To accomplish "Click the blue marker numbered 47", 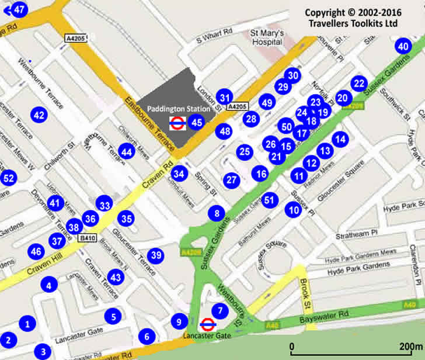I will pos(19,9).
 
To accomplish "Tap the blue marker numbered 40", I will pos(403,47).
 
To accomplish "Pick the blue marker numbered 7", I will pos(220,311).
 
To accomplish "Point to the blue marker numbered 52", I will pos(8,178).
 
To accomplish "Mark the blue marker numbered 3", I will pos(43,352).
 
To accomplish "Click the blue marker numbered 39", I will pos(155,255).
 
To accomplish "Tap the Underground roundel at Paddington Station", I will pos(177,123).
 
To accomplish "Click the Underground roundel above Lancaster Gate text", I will pos(206,324).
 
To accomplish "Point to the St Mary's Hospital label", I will pos(267,37).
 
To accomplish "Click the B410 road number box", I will pos(88,238).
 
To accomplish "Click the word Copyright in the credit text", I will pos(326,13).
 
